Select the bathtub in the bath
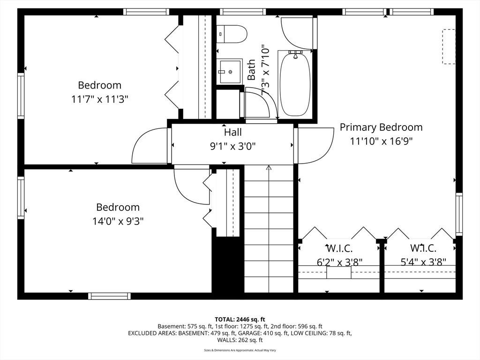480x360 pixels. pos(295,83)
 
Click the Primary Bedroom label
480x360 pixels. pos(381,127)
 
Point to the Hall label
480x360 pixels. pos(233,132)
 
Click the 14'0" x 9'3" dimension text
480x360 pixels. pos(118,221)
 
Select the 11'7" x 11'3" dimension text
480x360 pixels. pos(99,99)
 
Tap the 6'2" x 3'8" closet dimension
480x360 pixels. pos(339,262)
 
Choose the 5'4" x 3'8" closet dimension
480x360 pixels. pos(423,262)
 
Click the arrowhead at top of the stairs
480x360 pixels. pos(269,167)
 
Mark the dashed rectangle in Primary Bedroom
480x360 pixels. pos(449,46)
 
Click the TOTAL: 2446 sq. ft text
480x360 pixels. pos(240,320)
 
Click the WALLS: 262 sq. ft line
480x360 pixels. pos(240,340)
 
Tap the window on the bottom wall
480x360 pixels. pos(109,296)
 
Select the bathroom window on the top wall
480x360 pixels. pos(243,12)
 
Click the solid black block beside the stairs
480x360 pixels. pos(228,265)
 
